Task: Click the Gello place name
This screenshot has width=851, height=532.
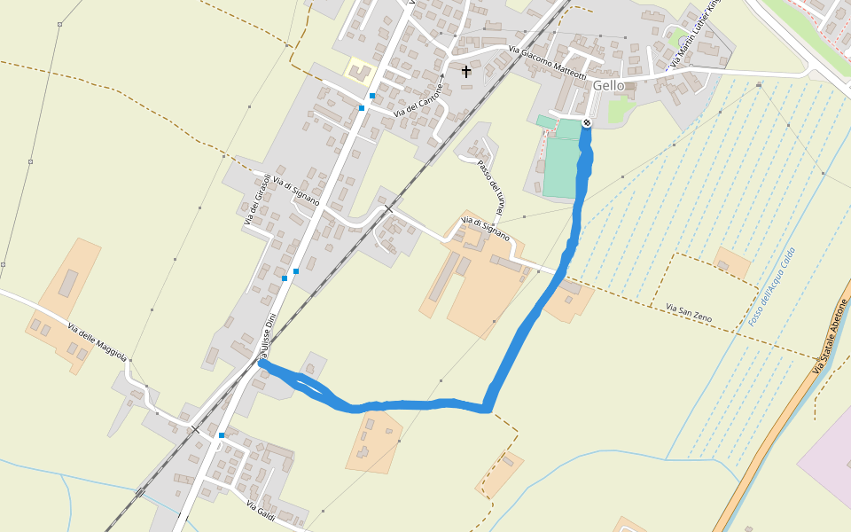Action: point(609,85)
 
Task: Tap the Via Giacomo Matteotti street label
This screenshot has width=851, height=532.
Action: point(547,62)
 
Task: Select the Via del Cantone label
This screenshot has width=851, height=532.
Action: point(418,100)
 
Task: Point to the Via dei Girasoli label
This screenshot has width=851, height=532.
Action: point(254,199)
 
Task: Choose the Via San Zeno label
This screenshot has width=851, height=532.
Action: point(688,313)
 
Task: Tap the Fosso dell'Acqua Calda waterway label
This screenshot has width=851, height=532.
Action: point(771,286)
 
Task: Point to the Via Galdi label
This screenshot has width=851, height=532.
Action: point(263,511)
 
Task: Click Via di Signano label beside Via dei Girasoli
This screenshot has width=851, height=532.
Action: point(296,190)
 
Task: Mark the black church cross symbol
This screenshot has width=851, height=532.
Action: point(466,71)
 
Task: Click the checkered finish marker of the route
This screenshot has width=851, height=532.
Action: point(587,121)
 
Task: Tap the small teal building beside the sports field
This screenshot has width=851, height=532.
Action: point(546,121)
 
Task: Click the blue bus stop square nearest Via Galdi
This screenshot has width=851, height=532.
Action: point(222,435)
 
